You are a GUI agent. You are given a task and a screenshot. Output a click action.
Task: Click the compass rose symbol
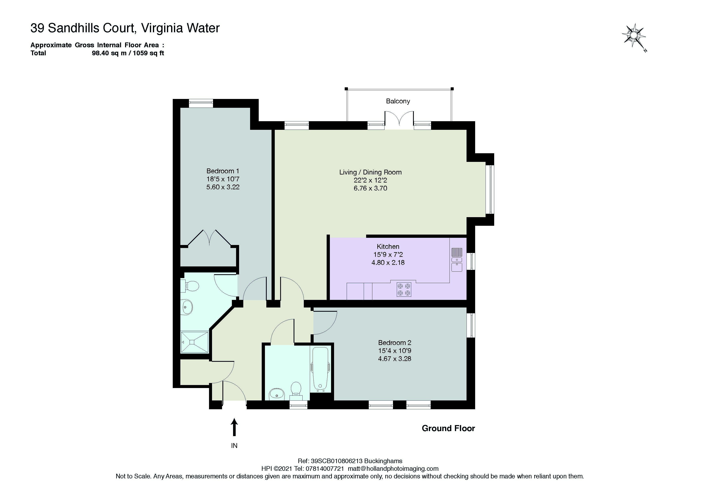coord(633,36)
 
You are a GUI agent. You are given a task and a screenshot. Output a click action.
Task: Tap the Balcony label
coord(398,101)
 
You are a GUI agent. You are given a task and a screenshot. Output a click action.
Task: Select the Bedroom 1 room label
coord(223,171)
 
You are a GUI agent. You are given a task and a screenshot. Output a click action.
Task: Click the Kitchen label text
coord(388,247)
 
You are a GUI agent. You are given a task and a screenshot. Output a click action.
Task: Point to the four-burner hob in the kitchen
coord(404,289)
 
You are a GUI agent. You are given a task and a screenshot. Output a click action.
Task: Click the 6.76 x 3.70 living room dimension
coord(371,188)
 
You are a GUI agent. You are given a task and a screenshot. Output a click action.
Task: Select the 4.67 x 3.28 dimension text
coord(395,359)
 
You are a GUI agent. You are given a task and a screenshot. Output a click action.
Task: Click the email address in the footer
coord(393,469)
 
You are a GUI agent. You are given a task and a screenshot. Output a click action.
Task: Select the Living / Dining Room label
coord(371,172)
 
